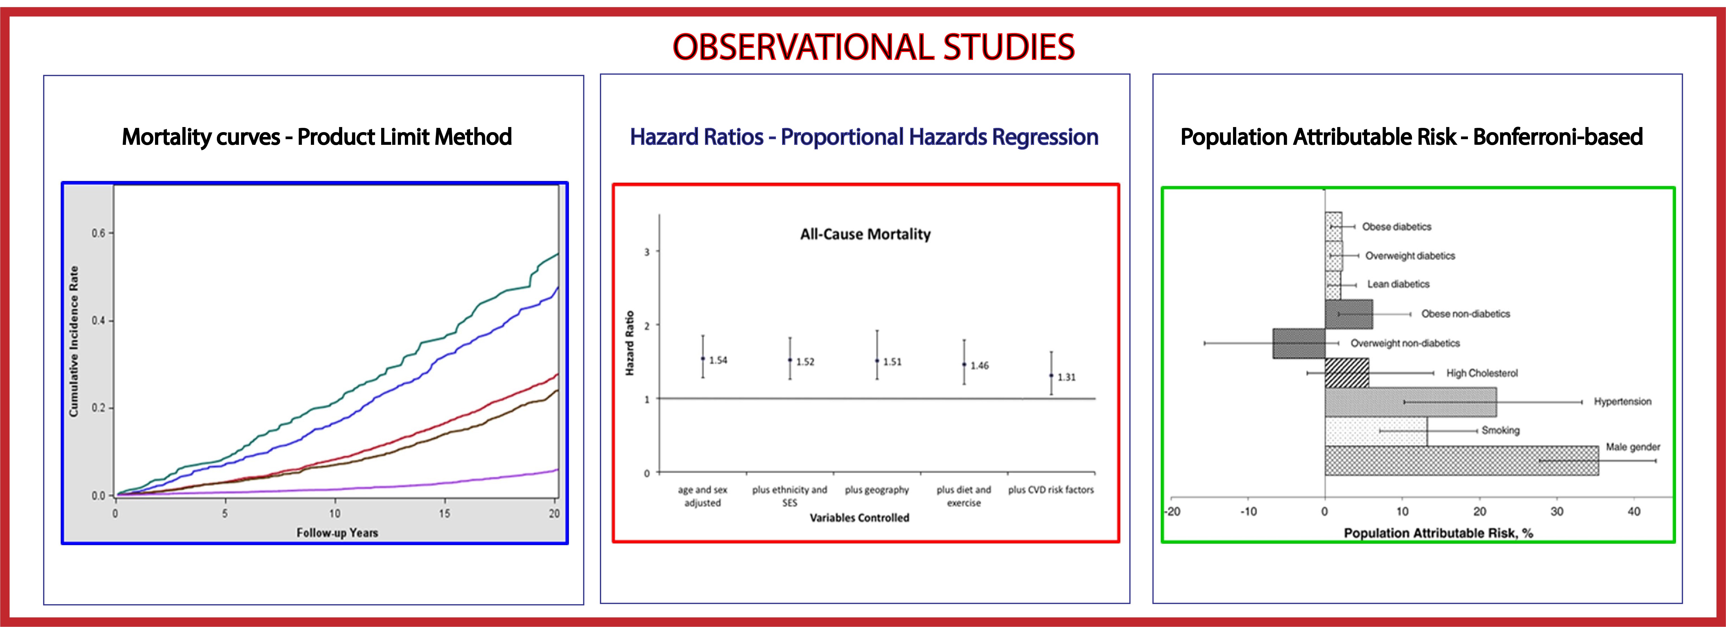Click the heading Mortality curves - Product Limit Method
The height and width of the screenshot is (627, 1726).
coord(317,137)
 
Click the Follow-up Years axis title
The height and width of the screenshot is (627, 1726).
coord(337,532)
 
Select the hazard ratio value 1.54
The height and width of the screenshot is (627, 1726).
coord(718,361)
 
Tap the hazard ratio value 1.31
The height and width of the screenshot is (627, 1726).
coord(1067,377)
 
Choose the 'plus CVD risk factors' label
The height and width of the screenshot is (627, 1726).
coord(1051,490)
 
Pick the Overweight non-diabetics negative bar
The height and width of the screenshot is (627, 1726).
coord(1299,343)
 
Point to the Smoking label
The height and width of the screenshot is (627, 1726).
coord(1500,430)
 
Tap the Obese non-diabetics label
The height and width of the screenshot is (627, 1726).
coord(1466,313)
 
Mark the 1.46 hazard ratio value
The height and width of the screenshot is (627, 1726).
coord(979,366)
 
